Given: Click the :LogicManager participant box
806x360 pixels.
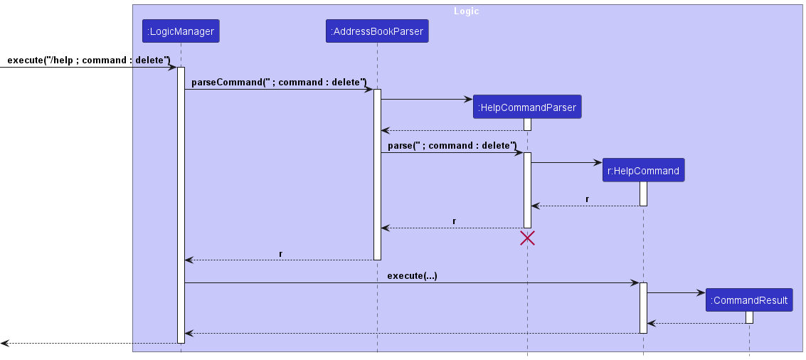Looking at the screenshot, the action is (181, 31).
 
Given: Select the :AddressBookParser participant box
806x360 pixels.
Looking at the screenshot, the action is (377, 31).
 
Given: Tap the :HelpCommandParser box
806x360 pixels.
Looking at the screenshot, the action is (527, 107).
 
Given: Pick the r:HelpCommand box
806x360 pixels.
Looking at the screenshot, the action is (644, 170).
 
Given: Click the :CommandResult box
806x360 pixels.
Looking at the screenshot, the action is (750, 300).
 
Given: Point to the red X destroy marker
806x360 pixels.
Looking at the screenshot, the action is (527, 238).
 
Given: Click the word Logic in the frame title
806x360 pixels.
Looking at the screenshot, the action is (466, 11).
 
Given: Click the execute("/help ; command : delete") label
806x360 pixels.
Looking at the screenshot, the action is (88, 60).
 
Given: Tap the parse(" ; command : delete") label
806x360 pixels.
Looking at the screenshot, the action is (452, 146).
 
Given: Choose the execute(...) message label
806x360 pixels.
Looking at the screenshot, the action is (413, 275).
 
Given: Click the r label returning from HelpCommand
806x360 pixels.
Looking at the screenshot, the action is (588, 199).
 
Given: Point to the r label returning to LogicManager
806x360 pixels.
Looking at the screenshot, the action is (281, 253).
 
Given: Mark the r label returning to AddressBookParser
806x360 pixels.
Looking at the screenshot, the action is (455, 221).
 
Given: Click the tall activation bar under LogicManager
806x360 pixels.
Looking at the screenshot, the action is (181, 205).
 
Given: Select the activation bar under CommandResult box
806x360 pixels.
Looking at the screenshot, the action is (750, 317).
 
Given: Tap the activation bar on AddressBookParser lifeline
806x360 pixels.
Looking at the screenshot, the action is (377, 174).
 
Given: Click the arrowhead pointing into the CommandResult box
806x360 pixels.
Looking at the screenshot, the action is (701, 292).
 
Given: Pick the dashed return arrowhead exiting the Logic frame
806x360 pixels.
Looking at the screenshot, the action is (5, 343).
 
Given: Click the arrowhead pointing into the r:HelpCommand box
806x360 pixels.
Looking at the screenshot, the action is (598, 162).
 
